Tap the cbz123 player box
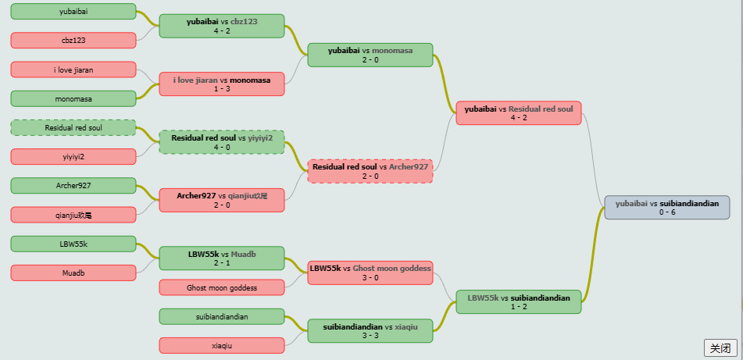coord(73,41)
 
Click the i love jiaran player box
coord(73,70)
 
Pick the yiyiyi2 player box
coord(73,156)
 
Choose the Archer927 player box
coord(73,186)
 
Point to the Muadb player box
coord(73,273)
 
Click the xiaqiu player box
coord(222,345)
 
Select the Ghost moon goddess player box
coord(222,287)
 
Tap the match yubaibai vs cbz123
coord(222,26)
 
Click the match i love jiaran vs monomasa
coord(222,84)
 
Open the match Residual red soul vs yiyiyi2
coord(222,141)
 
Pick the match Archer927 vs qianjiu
coord(222,200)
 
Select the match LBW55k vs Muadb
coord(222,258)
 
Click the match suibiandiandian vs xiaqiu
coord(370,330)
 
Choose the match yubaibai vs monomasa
coord(370,55)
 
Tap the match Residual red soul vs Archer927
coord(370,171)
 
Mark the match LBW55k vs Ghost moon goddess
coord(370,273)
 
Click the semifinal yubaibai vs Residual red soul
coord(519,113)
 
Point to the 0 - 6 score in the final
coord(666,212)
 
